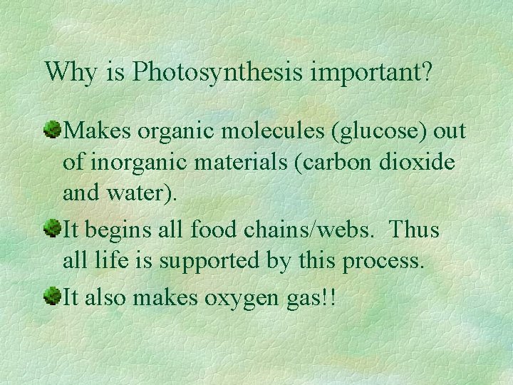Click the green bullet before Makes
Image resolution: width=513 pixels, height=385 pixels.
click(53, 131)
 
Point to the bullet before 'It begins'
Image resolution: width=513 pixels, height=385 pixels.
click(53, 229)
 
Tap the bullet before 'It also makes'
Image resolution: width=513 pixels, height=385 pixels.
click(53, 296)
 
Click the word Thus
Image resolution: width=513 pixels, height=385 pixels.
click(415, 230)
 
